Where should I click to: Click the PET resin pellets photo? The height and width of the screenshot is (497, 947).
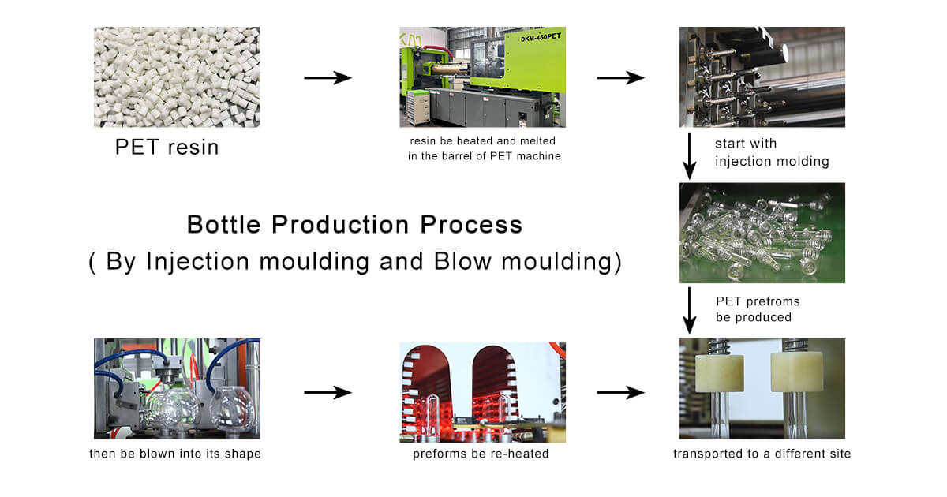[177, 77]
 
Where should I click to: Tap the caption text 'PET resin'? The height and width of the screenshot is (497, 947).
[167, 148]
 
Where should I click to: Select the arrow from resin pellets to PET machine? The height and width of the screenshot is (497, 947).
[328, 77]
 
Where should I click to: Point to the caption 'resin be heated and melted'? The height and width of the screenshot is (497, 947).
[483, 141]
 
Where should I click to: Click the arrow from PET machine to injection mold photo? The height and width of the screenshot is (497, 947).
[620, 77]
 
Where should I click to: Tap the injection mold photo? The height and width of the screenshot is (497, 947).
[762, 77]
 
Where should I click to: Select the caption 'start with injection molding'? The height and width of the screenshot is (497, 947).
[771, 152]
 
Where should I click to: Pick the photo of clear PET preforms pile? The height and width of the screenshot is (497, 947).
[762, 233]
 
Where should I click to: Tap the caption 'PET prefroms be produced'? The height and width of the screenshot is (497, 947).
[757, 308]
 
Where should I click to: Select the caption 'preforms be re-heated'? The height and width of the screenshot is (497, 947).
[482, 454]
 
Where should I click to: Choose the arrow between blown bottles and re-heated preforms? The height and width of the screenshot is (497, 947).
[328, 392]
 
